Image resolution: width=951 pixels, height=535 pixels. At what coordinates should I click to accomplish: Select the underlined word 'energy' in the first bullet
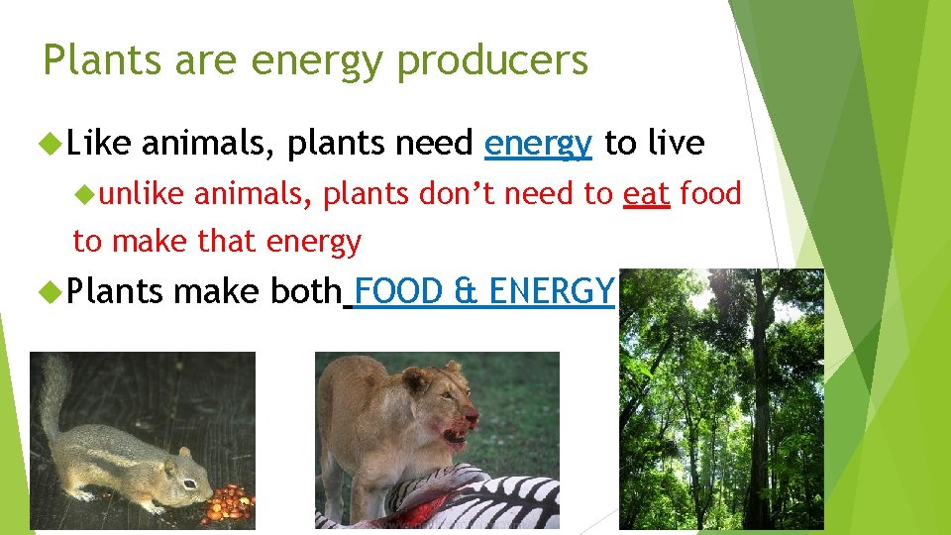[x=538, y=145]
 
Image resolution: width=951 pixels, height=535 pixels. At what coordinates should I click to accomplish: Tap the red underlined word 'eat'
[x=646, y=194]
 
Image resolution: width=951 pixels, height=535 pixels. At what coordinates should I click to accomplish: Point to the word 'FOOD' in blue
[x=399, y=291]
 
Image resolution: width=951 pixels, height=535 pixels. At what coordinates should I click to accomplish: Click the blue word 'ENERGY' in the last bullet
[x=552, y=291]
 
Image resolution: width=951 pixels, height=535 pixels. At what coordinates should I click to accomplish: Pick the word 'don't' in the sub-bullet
[x=459, y=194]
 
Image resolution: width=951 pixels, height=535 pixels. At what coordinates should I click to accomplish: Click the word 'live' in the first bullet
[x=676, y=145]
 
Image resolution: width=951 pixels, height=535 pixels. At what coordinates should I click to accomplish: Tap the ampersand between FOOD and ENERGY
[x=464, y=291]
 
